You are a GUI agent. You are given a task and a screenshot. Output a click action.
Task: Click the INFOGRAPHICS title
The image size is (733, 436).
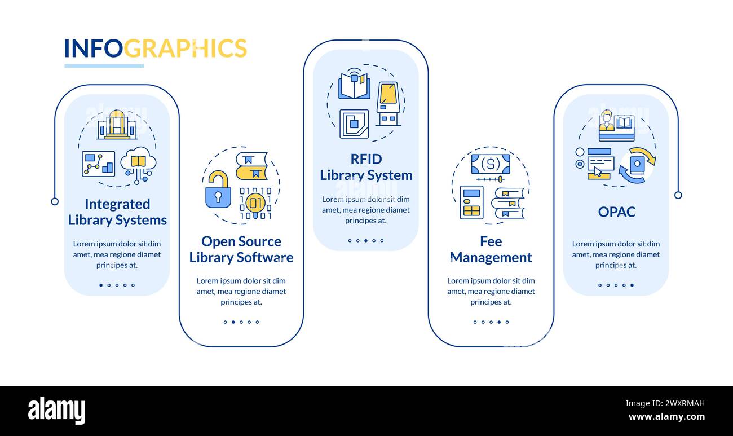point(155,49)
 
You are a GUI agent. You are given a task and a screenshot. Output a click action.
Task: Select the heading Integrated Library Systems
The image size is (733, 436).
point(117,212)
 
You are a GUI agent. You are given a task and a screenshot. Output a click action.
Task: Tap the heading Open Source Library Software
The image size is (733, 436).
point(241,249)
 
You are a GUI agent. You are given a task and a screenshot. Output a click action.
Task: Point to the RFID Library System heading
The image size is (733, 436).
point(366,167)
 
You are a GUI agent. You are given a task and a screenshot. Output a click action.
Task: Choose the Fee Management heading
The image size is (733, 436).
point(491,249)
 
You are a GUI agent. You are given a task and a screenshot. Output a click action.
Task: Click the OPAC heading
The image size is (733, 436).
point(616,212)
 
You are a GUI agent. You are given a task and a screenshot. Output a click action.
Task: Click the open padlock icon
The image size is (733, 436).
point(218,190)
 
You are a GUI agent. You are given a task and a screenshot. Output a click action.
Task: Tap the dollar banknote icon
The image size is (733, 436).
point(490,164)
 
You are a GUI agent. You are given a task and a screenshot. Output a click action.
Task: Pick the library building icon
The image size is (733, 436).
point(117,125)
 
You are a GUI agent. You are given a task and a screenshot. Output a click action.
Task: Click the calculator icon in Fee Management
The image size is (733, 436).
point(471,202)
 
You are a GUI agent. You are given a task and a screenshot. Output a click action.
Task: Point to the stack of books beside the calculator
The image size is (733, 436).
point(508,203)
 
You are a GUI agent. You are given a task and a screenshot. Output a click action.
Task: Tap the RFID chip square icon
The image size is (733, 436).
point(354,124)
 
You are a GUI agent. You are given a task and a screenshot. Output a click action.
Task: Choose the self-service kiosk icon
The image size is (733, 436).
point(388,103)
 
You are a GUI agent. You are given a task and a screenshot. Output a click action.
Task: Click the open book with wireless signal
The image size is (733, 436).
point(354,85)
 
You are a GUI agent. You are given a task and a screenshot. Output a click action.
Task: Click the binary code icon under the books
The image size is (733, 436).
point(255,202)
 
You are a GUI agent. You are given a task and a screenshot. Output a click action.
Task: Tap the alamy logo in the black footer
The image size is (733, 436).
point(56,411)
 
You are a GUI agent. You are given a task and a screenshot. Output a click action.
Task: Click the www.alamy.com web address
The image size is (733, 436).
point(666,417)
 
